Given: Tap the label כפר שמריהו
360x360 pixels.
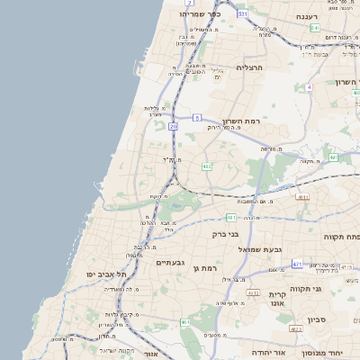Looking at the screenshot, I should pyautogui.click(x=199, y=14).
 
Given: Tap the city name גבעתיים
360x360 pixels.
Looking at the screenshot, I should pyautogui.click(x=169, y=262).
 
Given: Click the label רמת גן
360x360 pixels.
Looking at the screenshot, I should pyautogui.click(x=207, y=269).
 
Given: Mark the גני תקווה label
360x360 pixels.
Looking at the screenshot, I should pyautogui.click(x=333, y=289).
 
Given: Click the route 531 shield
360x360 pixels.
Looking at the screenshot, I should pyautogui.click(x=242, y=14).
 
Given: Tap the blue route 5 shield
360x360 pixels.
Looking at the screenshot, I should pyautogui.click(x=197, y=118).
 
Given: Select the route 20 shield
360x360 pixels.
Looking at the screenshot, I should pyautogui.click(x=173, y=128).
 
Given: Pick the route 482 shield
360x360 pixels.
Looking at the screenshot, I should pyautogui.click(x=206, y=166).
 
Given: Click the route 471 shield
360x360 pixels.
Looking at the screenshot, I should pyautogui.click(x=297, y=265).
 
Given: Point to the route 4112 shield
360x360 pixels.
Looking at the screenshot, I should pyautogui.click(x=254, y=292).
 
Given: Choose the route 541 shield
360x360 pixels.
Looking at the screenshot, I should pyautogui.click(x=313, y=29).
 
